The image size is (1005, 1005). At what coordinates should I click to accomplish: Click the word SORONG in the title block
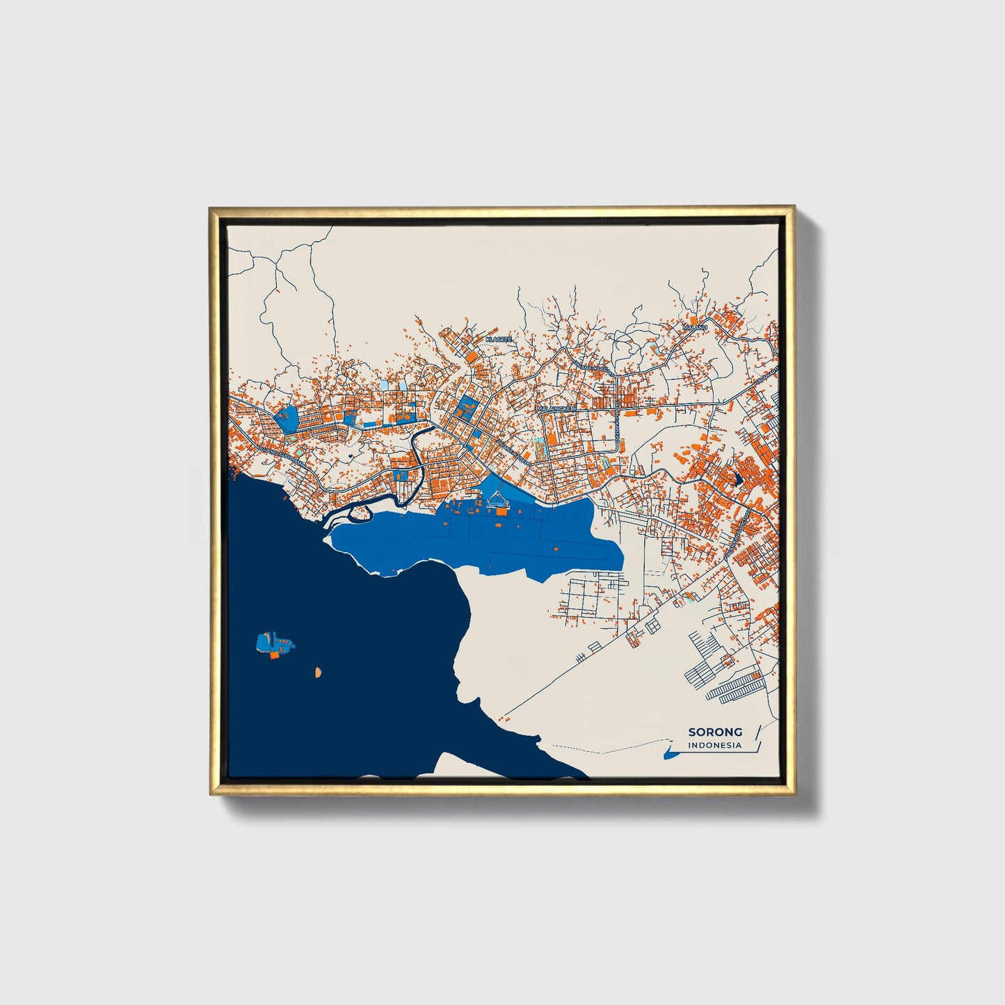(715, 732)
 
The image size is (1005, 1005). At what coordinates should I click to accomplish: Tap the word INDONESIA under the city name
(715, 746)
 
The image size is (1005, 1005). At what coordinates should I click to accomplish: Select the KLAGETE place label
(498, 339)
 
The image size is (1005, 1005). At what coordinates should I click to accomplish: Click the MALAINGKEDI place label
(556, 409)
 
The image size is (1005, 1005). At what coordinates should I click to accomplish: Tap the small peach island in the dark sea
(317, 673)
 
